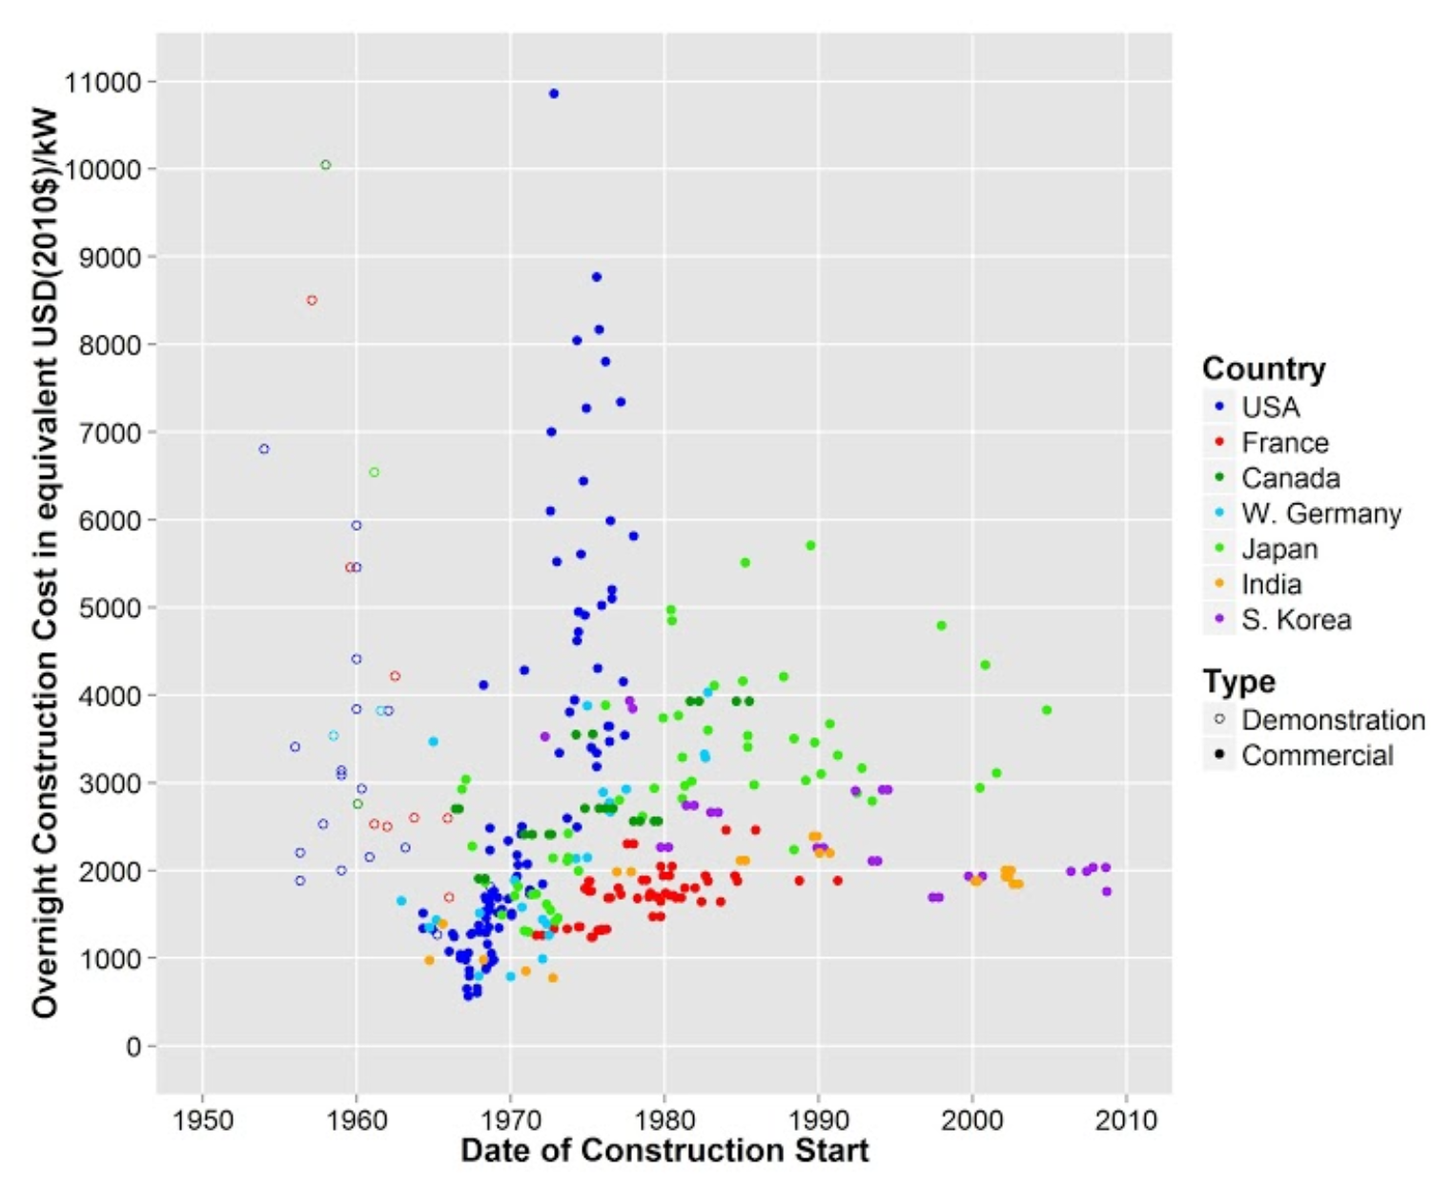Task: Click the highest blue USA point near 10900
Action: [x=554, y=93]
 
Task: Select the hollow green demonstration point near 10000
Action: [x=325, y=165]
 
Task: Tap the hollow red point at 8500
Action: [x=312, y=300]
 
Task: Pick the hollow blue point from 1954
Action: [x=264, y=449]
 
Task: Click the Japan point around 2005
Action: [x=1047, y=710]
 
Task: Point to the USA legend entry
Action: [x=1270, y=407]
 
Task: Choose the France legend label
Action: [x=1284, y=443]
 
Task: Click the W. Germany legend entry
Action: [x=1320, y=514]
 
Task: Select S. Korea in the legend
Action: [x=1296, y=620]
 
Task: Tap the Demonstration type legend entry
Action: [x=1333, y=720]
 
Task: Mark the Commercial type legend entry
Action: [x=1317, y=755]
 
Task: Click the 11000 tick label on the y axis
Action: [x=103, y=82]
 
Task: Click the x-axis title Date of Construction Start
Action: [x=664, y=1151]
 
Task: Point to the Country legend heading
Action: [x=1263, y=369]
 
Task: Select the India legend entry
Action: [x=1271, y=584]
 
